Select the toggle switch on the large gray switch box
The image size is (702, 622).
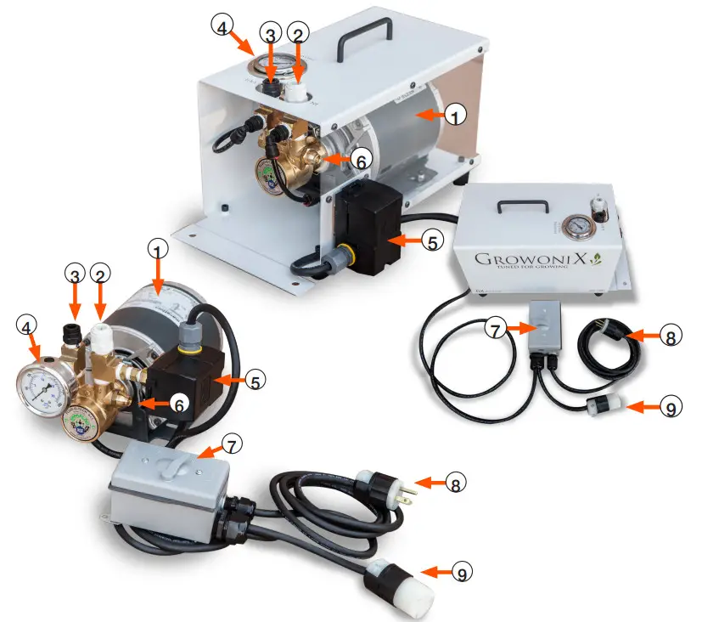pos(167,464)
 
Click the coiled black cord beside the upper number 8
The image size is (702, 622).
pos(606,349)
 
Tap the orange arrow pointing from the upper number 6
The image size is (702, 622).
pos(334,159)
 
